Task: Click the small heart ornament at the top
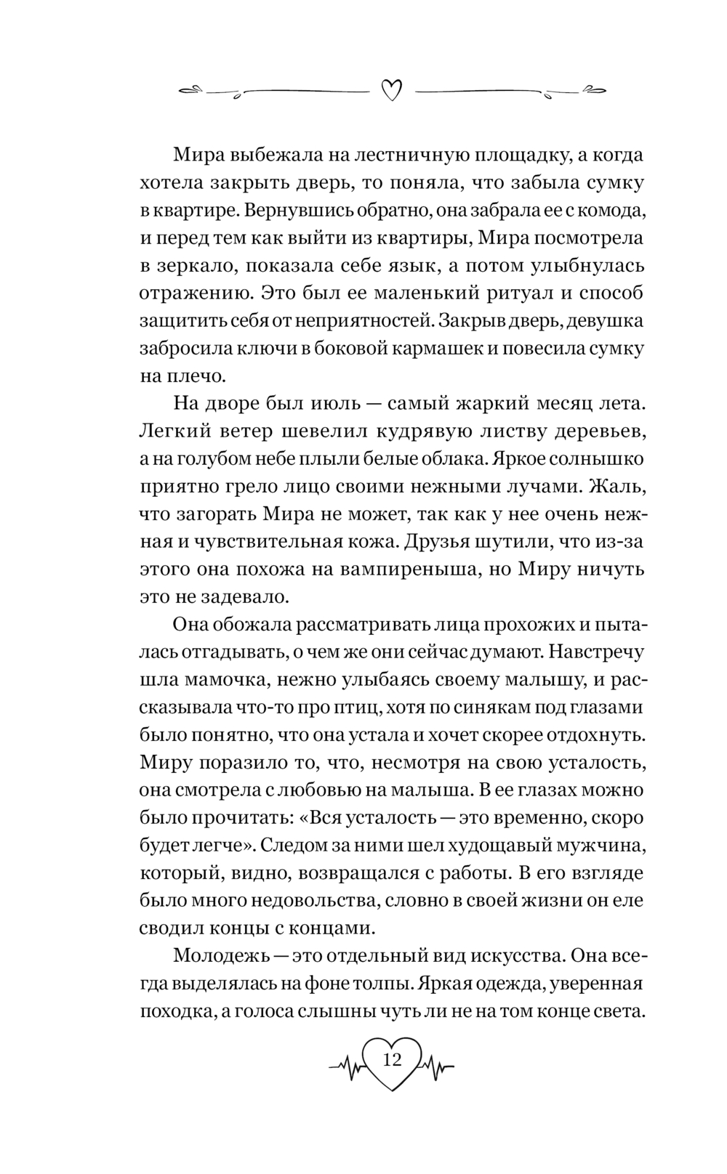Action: pos(391,90)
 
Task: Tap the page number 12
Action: pos(391,1059)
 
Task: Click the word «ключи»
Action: pos(263,349)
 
